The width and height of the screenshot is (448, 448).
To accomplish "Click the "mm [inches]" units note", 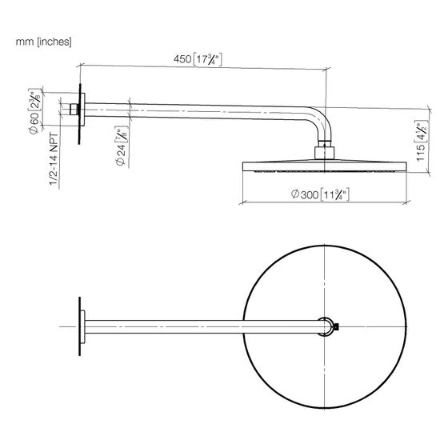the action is [x=43, y=42].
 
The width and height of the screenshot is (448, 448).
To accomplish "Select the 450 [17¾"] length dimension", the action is [x=198, y=59].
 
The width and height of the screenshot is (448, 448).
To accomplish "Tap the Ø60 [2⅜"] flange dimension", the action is [x=35, y=111].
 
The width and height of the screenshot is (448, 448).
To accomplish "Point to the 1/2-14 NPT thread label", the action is [x=54, y=159].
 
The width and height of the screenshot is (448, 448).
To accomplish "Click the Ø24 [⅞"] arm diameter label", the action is [x=121, y=146].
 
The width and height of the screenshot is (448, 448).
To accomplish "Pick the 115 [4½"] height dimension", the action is [x=421, y=141].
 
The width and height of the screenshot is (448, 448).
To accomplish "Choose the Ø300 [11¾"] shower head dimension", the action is [x=320, y=194].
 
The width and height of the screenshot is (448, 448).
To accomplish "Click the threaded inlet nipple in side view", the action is [x=74, y=110].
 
